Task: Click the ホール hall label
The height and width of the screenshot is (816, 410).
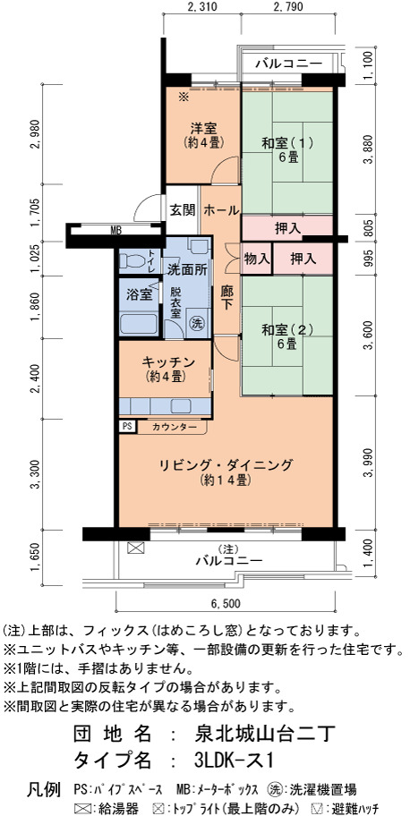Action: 220,210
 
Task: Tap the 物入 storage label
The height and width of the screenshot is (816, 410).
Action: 257,259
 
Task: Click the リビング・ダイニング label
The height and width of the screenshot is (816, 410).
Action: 226,464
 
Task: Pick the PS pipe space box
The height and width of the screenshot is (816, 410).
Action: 127,426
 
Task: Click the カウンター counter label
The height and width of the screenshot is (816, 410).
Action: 175,428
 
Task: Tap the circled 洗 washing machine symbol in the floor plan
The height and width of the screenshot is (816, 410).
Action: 197,323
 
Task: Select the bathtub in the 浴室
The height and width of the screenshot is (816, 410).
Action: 139,325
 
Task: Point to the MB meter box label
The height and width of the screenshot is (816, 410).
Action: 115,229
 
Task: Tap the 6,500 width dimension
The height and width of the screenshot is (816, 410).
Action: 225,604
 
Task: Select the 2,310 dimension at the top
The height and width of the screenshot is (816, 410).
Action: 202,7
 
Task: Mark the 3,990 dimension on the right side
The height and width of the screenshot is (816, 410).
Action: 370,463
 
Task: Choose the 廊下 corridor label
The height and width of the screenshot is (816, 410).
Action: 226,298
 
